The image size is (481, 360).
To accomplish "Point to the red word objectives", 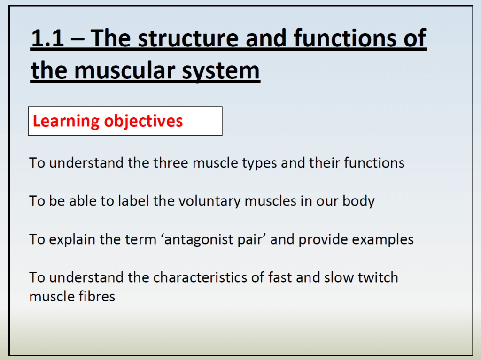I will [x=143, y=121].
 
